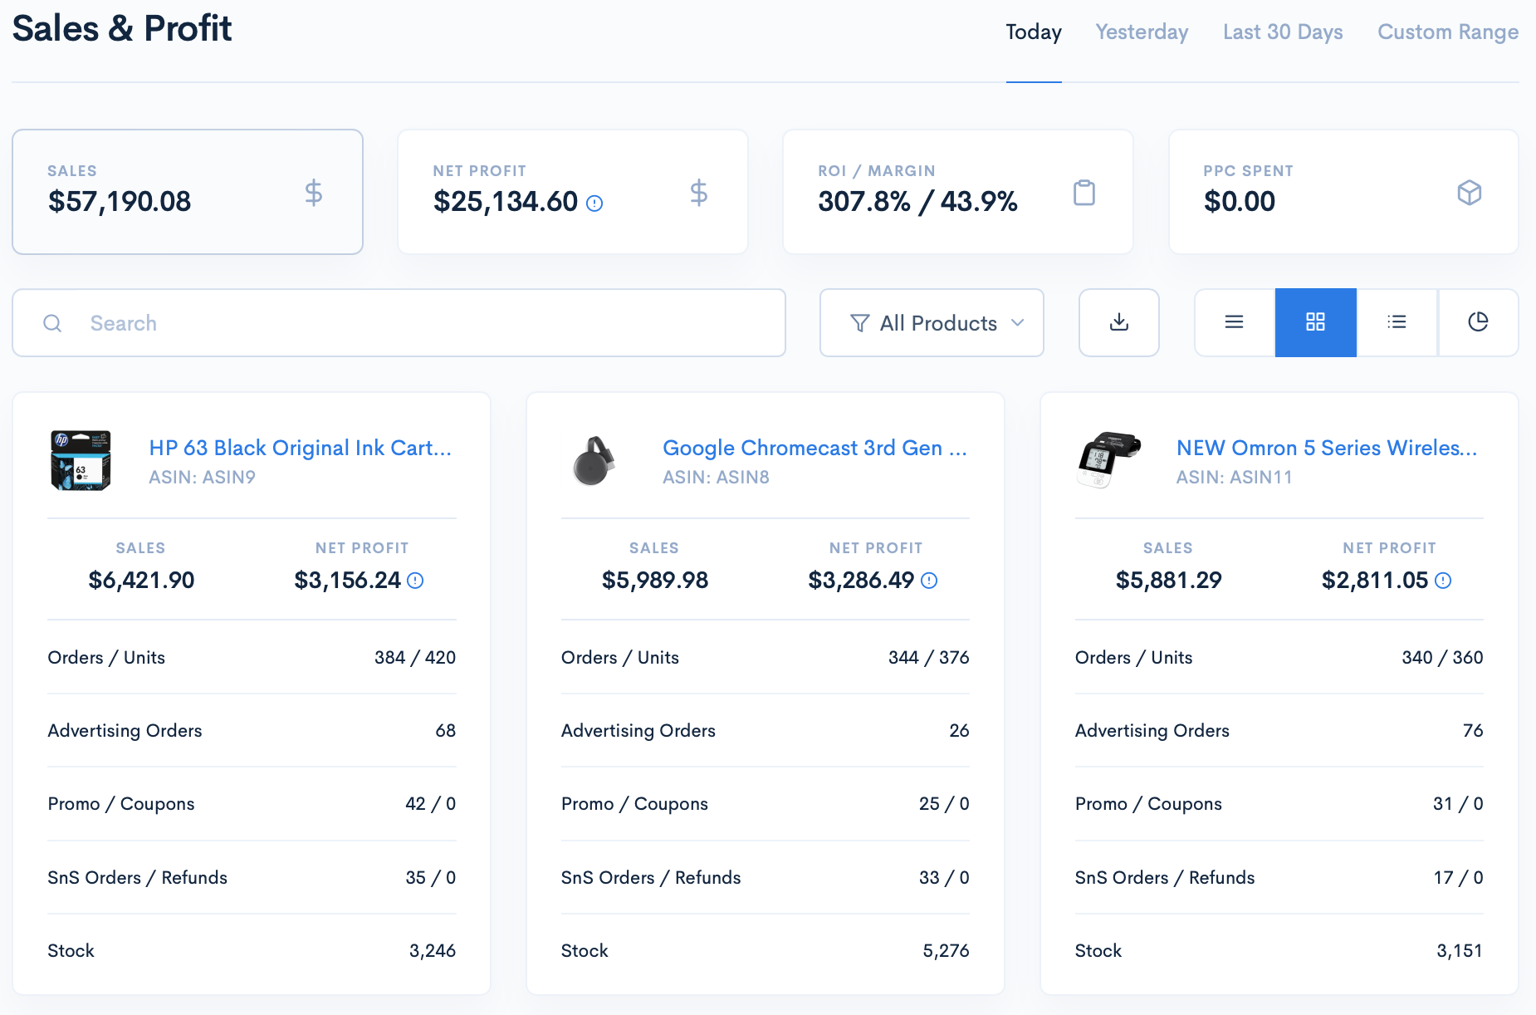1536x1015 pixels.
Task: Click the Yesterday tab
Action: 1142,32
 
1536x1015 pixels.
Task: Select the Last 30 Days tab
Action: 1283,32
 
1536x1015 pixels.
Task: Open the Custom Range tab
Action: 1447,32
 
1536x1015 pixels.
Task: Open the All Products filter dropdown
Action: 932,323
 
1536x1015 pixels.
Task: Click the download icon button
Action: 1118,322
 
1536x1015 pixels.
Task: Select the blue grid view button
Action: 1315,322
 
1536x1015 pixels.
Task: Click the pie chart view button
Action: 1478,322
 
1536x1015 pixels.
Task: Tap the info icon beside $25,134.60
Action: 594,203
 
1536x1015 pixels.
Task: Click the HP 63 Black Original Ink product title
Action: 300,448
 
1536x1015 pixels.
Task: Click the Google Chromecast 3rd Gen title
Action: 814,448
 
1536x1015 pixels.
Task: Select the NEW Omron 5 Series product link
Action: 1326,448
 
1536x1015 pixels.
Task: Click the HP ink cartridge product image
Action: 81,461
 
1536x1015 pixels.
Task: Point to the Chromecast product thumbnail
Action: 594,461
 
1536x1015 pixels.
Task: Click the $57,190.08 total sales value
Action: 120,202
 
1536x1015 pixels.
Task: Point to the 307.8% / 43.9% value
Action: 917,202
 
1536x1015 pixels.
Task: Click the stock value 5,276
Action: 946,951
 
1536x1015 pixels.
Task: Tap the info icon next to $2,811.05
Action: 1443,581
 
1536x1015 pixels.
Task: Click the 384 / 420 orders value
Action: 414,658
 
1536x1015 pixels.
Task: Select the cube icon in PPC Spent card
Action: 1469,193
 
